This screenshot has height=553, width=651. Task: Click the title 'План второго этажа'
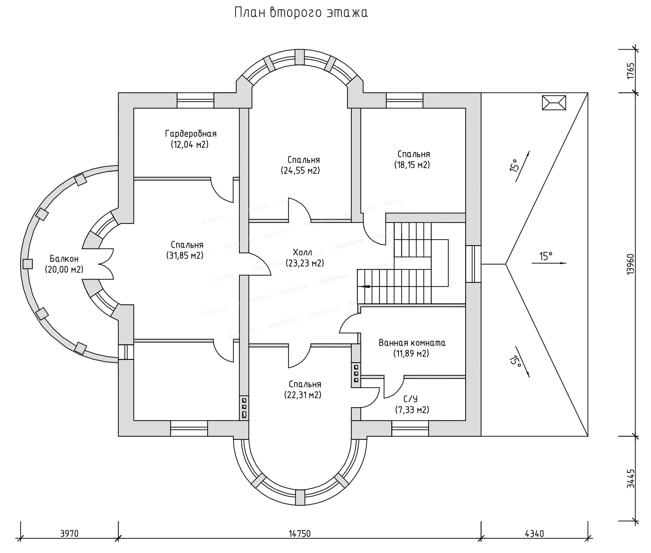pos(301,13)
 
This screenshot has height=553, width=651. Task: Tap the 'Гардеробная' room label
pos(191,134)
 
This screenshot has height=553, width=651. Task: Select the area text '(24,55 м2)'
pos(300,170)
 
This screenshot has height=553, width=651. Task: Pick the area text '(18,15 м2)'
pos(412,165)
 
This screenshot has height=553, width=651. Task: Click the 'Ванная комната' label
pos(412,343)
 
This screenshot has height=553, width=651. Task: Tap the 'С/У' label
pos(410,399)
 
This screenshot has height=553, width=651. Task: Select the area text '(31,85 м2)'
pos(185,255)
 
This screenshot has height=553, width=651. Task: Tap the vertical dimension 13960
pos(631,264)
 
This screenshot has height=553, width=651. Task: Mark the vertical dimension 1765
pos(631,71)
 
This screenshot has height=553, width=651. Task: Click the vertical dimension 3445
pos(631,479)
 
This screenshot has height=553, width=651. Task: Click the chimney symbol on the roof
pos(554,103)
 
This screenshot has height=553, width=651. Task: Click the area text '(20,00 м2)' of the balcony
pos(64,269)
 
